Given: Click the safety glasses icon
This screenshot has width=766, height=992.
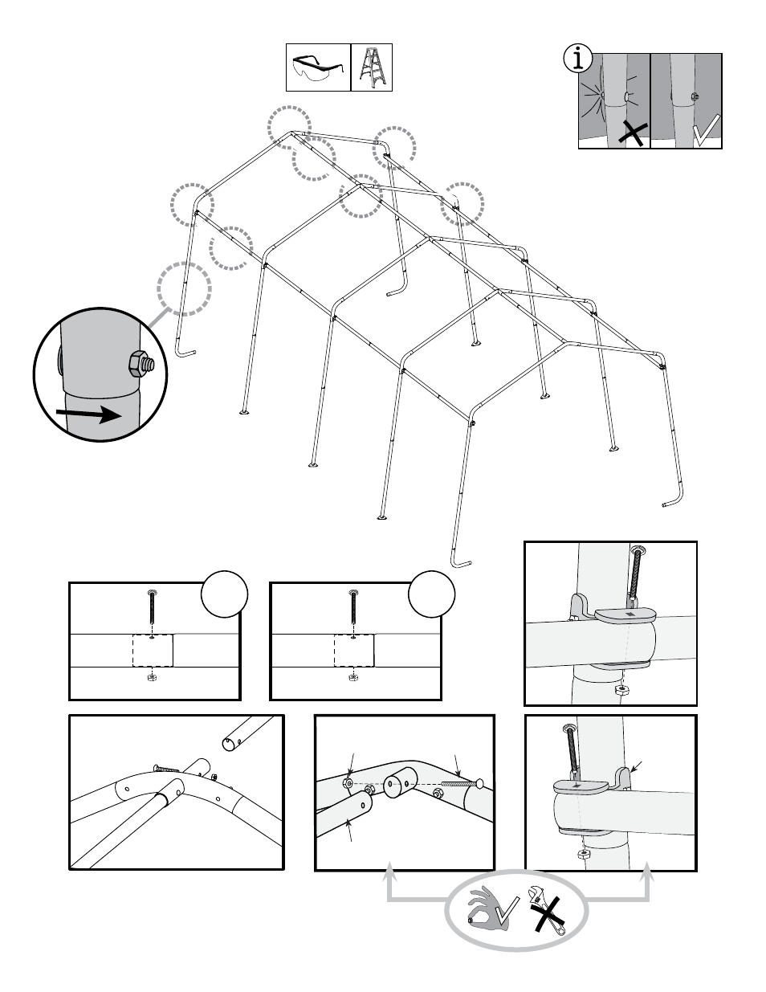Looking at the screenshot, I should coord(318,67).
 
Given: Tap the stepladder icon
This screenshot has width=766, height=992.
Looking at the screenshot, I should coord(372,67).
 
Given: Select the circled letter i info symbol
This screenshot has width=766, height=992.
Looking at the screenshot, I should coord(578,59).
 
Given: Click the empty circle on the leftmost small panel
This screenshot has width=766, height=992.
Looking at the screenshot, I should coord(224,594).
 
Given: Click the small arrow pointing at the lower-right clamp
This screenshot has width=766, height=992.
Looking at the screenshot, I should coord(635,765).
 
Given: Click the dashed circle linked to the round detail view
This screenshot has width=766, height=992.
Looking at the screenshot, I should coord(184,287).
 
